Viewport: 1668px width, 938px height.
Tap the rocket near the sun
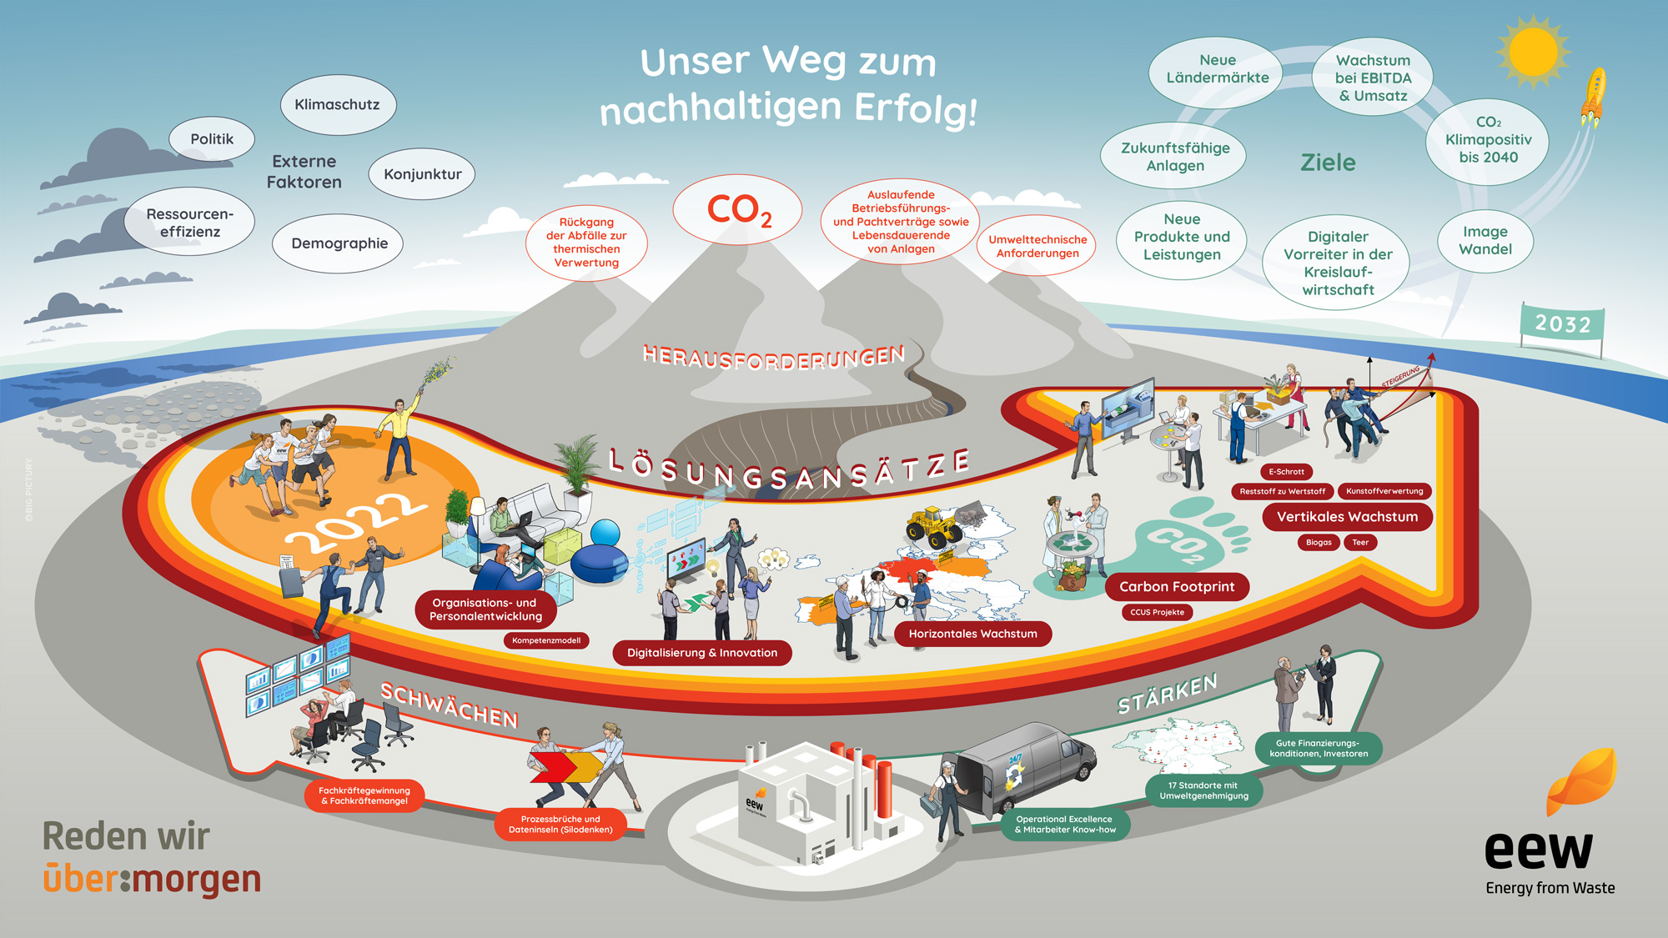coord(1594,96)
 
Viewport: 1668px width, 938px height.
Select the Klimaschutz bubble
coord(337,105)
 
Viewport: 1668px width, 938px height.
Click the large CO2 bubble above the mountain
coord(737,209)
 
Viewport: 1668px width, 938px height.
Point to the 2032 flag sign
coord(1562,324)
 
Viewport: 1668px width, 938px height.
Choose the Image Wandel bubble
coord(1485,240)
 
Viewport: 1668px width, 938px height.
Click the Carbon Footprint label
coord(1176,587)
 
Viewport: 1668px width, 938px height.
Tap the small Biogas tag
coord(1319,543)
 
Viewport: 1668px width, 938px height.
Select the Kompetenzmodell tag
coord(546,640)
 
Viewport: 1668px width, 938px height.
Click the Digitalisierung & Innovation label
coord(701,653)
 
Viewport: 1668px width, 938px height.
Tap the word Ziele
coord(1328,163)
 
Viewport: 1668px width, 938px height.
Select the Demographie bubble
coord(339,243)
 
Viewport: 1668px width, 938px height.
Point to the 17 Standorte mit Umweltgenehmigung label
coord(1203,790)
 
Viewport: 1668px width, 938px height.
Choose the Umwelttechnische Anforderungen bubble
coord(1037,246)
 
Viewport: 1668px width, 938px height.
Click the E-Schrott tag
coord(1286,472)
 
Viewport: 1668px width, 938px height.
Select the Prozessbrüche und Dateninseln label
coord(560,825)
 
